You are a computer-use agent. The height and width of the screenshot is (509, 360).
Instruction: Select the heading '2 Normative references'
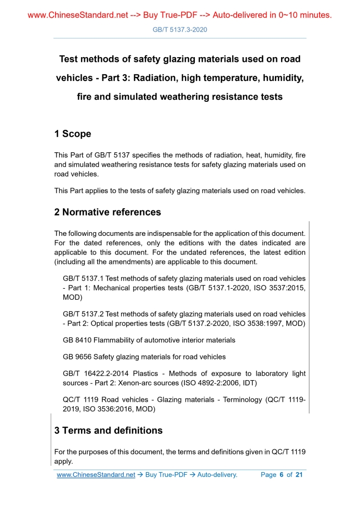click(x=108, y=212)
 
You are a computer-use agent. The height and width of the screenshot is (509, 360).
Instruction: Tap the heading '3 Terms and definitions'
click(x=108, y=431)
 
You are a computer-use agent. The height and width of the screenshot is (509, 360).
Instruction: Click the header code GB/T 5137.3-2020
click(x=180, y=30)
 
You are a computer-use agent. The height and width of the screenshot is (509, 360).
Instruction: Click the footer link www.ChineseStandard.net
click(x=96, y=475)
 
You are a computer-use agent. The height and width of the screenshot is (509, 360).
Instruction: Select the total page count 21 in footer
click(x=299, y=475)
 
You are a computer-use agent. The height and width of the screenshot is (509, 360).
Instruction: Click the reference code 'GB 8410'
click(x=77, y=340)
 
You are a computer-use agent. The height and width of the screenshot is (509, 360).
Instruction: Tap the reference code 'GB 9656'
click(x=77, y=357)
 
